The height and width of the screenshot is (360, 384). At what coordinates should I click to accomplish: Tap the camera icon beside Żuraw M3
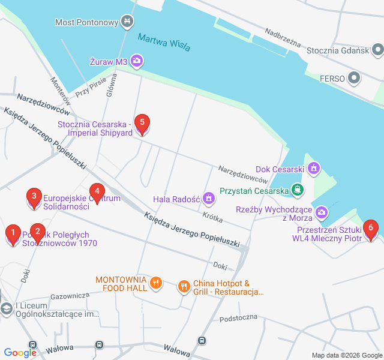point(137,60)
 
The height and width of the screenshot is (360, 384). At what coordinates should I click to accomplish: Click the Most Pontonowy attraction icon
point(127,22)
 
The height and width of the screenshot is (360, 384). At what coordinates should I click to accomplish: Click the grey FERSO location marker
point(355,77)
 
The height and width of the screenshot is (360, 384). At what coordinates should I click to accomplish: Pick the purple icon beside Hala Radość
point(208,197)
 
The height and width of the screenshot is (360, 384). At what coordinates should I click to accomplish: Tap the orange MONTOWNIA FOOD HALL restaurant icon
point(155,283)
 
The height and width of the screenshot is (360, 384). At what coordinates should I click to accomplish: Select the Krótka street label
point(212,215)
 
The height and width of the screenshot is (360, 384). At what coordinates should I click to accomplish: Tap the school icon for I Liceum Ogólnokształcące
point(6,309)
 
